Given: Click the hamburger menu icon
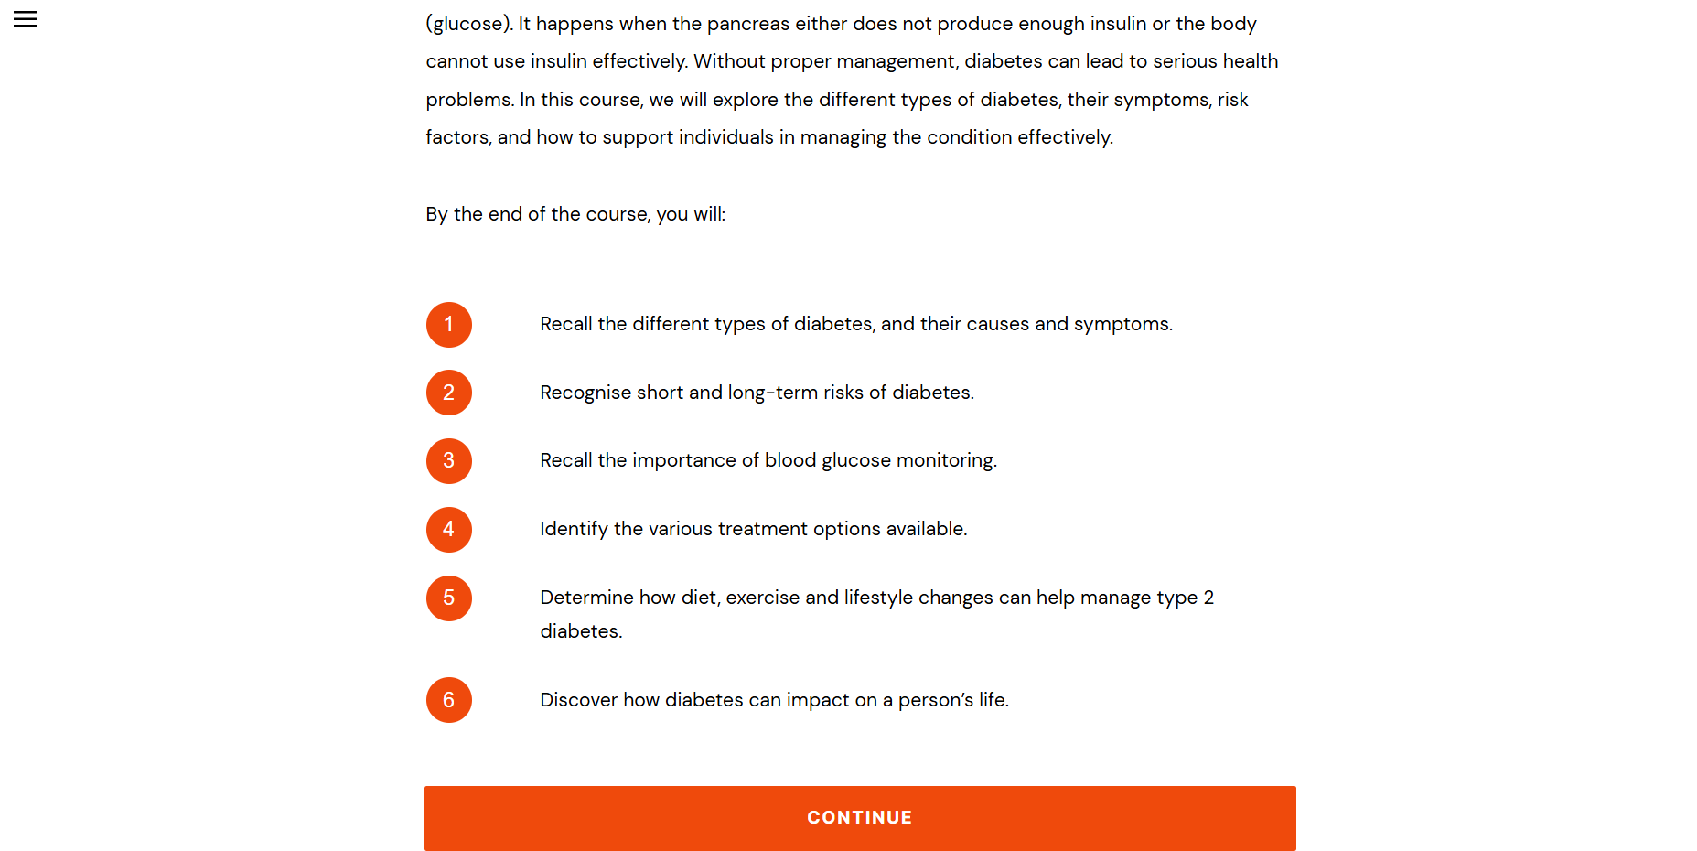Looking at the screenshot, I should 26,19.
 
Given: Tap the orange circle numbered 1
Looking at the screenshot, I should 448,325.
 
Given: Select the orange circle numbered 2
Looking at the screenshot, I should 448,393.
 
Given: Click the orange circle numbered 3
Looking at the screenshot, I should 448,461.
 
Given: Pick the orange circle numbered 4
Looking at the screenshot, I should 448,530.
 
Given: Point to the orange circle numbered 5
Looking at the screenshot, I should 448,598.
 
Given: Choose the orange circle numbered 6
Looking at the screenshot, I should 448,700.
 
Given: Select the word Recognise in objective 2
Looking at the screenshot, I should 585,393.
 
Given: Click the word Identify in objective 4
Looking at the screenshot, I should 574,529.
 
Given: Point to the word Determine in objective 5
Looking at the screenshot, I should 586,598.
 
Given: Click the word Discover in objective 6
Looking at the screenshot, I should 578,700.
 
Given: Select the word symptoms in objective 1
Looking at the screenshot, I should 1122,324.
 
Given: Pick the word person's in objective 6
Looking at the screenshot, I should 935,700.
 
